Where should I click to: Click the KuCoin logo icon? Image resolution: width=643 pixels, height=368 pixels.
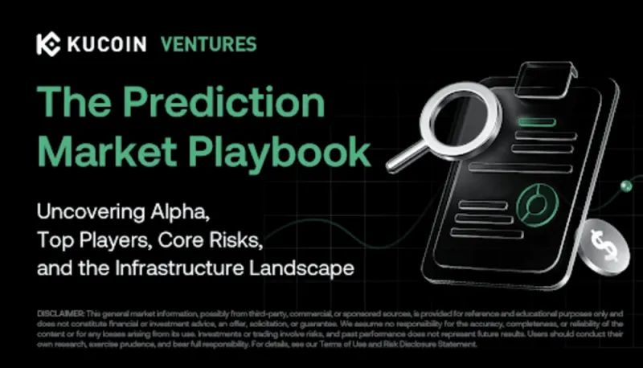[49, 43]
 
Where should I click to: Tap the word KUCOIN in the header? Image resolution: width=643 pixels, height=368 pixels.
[104, 44]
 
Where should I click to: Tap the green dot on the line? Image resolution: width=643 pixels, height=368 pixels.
[626, 186]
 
